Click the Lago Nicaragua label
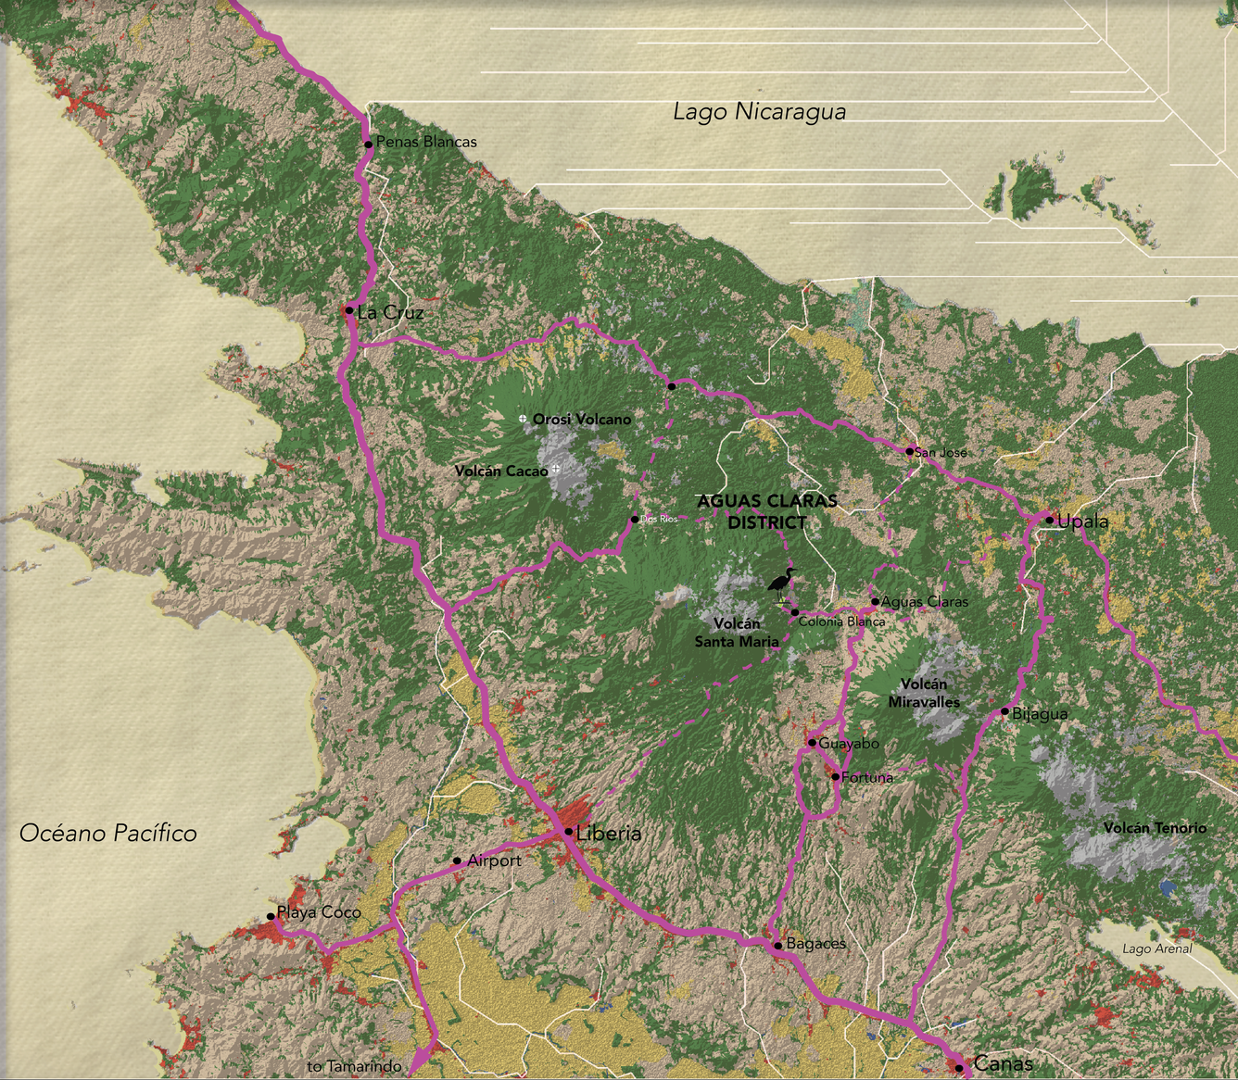(x=759, y=112)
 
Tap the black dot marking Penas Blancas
(x=368, y=144)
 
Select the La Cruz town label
(x=390, y=313)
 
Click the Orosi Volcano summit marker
(x=523, y=420)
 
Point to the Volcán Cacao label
(x=501, y=471)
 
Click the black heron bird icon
(x=781, y=583)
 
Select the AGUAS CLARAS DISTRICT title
(x=766, y=511)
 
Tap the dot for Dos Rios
(x=635, y=519)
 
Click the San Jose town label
(x=941, y=453)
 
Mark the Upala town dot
(x=1050, y=521)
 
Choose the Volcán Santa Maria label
(x=737, y=633)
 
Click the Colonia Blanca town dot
(x=795, y=612)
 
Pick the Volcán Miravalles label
(x=924, y=693)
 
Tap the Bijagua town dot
(x=1004, y=711)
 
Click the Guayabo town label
(x=849, y=744)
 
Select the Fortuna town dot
(x=835, y=776)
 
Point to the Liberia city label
(x=608, y=834)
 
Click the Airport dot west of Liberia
(x=457, y=861)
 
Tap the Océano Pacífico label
(x=108, y=834)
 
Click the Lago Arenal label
(x=1156, y=948)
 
